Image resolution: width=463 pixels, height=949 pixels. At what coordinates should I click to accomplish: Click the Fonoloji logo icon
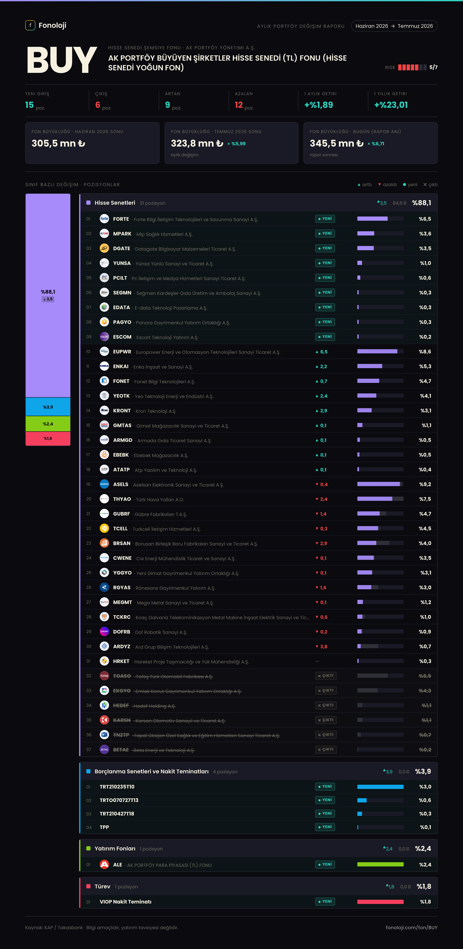[x=30, y=25]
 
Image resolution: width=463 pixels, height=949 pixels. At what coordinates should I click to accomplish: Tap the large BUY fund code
[x=62, y=60]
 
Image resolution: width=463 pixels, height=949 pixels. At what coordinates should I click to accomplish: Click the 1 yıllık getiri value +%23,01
[x=391, y=105]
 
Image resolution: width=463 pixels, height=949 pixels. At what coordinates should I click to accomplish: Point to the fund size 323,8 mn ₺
[x=197, y=143]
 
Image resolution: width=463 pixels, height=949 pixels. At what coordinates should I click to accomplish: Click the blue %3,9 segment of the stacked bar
[x=48, y=407]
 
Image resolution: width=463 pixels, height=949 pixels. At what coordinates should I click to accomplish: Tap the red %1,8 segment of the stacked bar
[x=48, y=438]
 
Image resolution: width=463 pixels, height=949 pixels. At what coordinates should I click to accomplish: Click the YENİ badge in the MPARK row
[x=325, y=234]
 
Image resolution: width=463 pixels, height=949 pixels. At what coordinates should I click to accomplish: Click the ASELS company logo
[x=105, y=484]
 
